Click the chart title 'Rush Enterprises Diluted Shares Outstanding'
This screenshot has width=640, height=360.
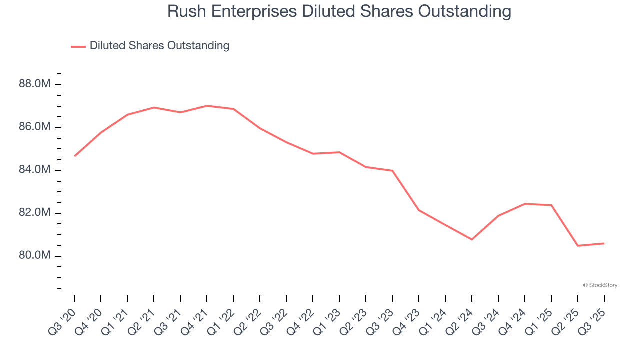pyautogui.click(x=339, y=11)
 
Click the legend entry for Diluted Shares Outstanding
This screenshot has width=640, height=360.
pyautogui.click(x=159, y=46)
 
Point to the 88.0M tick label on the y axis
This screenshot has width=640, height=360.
pyautogui.click(x=35, y=84)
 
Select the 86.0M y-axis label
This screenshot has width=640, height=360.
pyautogui.click(x=35, y=127)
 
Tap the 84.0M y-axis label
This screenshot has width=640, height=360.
pyautogui.click(x=35, y=170)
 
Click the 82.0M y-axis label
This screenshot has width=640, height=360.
pyautogui.click(x=35, y=213)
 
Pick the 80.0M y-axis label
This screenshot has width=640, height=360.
pyautogui.click(x=35, y=256)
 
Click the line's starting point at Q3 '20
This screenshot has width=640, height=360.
pyautogui.click(x=74, y=156)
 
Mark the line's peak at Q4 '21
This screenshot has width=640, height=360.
pyautogui.click(x=207, y=106)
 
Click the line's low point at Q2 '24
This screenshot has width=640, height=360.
pyautogui.click(x=472, y=239)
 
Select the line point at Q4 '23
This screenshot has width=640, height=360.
pyautogui.click(x=419, y=210)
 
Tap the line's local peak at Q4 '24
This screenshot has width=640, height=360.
pyautogui.click(x=525, y=204)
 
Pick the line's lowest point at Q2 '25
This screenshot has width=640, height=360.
pyautogui.click(x=578, y=246)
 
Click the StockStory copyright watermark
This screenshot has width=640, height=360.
pyautogui.click(x=600, y=285)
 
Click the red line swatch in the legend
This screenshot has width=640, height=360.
pyautogui.click(x=78, y=46)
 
